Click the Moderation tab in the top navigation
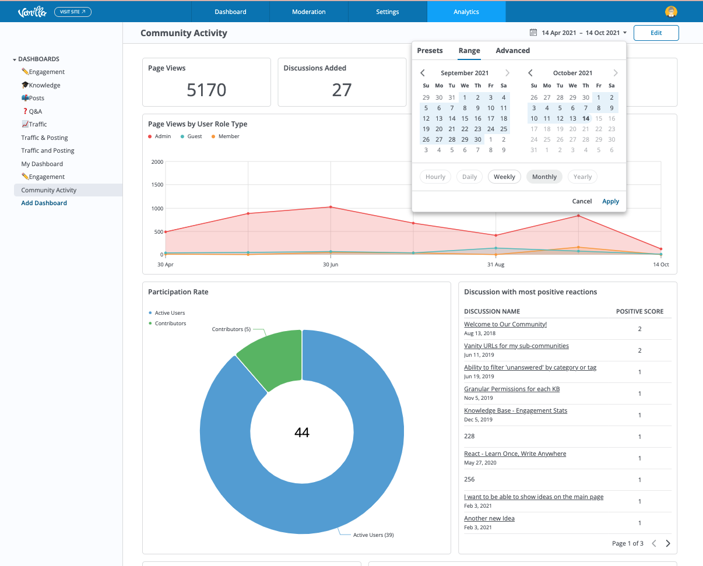(x=309, y=12)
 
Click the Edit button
(x=656, y=33)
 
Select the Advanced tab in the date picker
(x=512, y=51)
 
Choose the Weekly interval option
(x=504, y=177)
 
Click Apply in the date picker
(x=610, y=201)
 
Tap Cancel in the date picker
(x=582, y=201)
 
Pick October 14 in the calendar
(x=585, y=119)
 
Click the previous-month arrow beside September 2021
(x=423, y=73)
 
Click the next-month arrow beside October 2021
(x=616, y=73)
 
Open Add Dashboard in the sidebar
(x=44, y=203)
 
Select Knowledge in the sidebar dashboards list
(x=41, y=85)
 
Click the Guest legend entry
(x=191, y=136)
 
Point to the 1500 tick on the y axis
(x=157, y=185)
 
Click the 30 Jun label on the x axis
(x=331, y=265)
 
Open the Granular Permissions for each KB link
(x=512, y=389)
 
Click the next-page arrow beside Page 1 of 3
(x=668, y=543)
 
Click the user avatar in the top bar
(x=671, y=12)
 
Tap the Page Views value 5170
(x=206, y=90)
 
